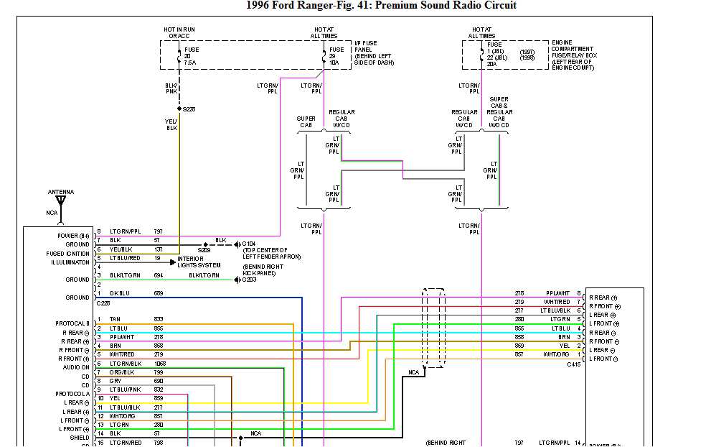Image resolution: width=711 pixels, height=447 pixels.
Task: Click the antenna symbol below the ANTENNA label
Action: (61, 201)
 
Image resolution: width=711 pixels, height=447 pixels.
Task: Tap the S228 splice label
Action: (189, 109)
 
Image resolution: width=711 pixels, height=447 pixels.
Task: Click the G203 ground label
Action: (249, 280)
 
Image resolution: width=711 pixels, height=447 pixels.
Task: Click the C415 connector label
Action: (573, 364)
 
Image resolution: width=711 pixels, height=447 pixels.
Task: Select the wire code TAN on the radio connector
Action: (115, 319)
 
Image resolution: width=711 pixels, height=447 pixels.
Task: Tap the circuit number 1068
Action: (159, 363)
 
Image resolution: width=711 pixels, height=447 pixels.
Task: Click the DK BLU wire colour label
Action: (121, 294)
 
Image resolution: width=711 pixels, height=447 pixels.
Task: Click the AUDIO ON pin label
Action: (75, 367)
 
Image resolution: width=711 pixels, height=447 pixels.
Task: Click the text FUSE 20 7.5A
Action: (191, 56)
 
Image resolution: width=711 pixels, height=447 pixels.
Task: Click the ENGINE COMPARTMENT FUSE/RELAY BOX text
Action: (574, 55)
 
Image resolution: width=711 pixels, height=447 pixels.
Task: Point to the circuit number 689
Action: (159, 294)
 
